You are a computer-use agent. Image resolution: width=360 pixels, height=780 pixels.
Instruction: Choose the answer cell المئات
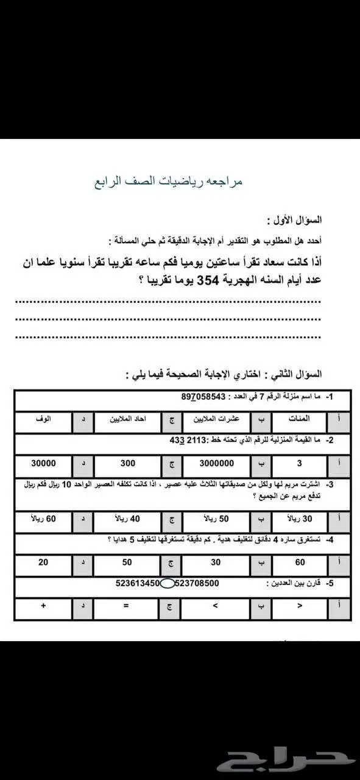[x=298, y=419]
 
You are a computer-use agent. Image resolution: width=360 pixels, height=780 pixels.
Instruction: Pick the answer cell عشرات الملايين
[x=216, y=419]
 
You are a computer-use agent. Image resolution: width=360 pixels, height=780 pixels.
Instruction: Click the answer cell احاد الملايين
[x=127, y=419]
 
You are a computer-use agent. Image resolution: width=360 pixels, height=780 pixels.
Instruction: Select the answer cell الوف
[x=43, y=419]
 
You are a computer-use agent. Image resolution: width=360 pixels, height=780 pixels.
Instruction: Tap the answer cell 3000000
[x=216, y=463]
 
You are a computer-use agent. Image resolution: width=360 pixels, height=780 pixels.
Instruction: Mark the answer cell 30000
[x=43, y=463]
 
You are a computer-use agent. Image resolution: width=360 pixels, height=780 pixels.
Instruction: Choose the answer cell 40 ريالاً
[x=127, y=519]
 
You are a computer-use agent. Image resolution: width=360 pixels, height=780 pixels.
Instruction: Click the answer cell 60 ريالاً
[x=43, y=519]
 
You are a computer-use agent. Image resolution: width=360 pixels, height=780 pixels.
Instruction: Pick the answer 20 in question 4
[x=43, y=562]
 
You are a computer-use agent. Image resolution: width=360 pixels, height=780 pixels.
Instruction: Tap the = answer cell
[x=127, y=607]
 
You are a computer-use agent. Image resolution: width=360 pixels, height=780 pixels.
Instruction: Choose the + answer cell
[x=43, y=607]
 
